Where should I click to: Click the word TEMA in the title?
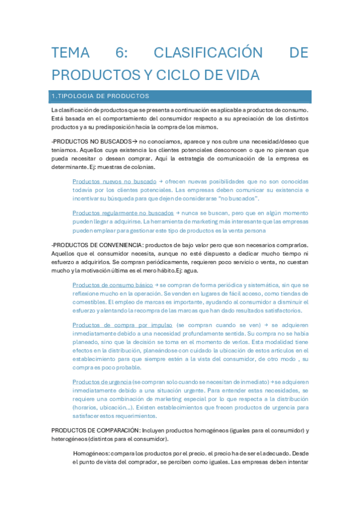point(70,53)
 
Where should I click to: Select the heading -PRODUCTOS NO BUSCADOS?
point(91,141)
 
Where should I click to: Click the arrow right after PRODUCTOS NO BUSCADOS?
point(134,141)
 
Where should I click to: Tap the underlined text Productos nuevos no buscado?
point(114,181)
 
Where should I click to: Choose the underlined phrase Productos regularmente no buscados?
point(123,212)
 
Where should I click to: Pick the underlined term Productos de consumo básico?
point(112,284)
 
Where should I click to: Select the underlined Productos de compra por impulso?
point(123,325)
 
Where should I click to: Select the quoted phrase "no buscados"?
point(240,198)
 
